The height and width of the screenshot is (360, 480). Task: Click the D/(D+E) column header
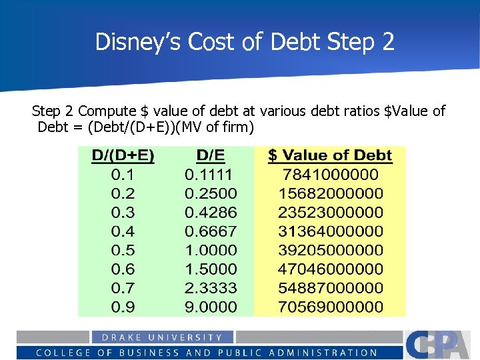[x=123, y=156]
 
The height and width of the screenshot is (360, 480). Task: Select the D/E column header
[x=211, y=156]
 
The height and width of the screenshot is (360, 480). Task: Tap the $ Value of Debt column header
[x=330, y=156]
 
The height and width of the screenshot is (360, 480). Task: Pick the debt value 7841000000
[x=330, y=175]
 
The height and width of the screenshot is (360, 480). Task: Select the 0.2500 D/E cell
[x=211, y=194]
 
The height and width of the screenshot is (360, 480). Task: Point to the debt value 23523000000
[x=330, y=213]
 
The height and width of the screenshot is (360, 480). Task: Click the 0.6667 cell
[x=211, y=231]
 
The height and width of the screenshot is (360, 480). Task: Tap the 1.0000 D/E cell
[x=211, y=251]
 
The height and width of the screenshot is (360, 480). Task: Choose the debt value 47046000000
[x=330, y=269]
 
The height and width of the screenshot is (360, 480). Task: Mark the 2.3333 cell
[x=211, y=288]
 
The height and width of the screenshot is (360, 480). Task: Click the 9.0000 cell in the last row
[x=211, y=307]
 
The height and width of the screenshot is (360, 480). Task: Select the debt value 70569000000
[x=330, y=307]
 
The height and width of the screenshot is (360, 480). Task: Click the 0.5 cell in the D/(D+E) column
[x=123, y=251]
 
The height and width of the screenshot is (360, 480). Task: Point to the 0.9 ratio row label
[x=123, y=307]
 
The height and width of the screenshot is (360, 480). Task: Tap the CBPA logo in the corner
[x=441, y=345]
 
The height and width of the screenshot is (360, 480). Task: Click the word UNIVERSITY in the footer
[x=189, y=337]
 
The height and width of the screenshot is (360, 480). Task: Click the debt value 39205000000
[x=330, y=251]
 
